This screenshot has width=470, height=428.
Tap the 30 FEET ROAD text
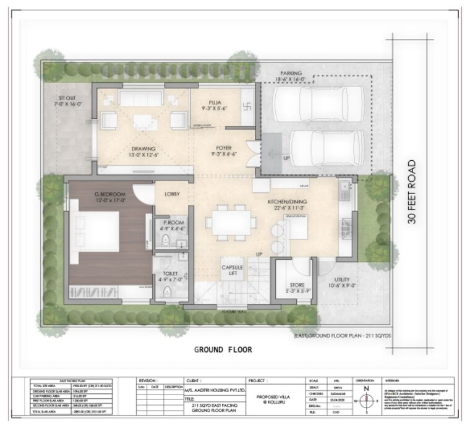[x=413, y=192]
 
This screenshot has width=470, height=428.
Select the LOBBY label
[x=172, y=194]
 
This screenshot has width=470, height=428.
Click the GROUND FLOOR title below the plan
[x=223, y=349]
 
